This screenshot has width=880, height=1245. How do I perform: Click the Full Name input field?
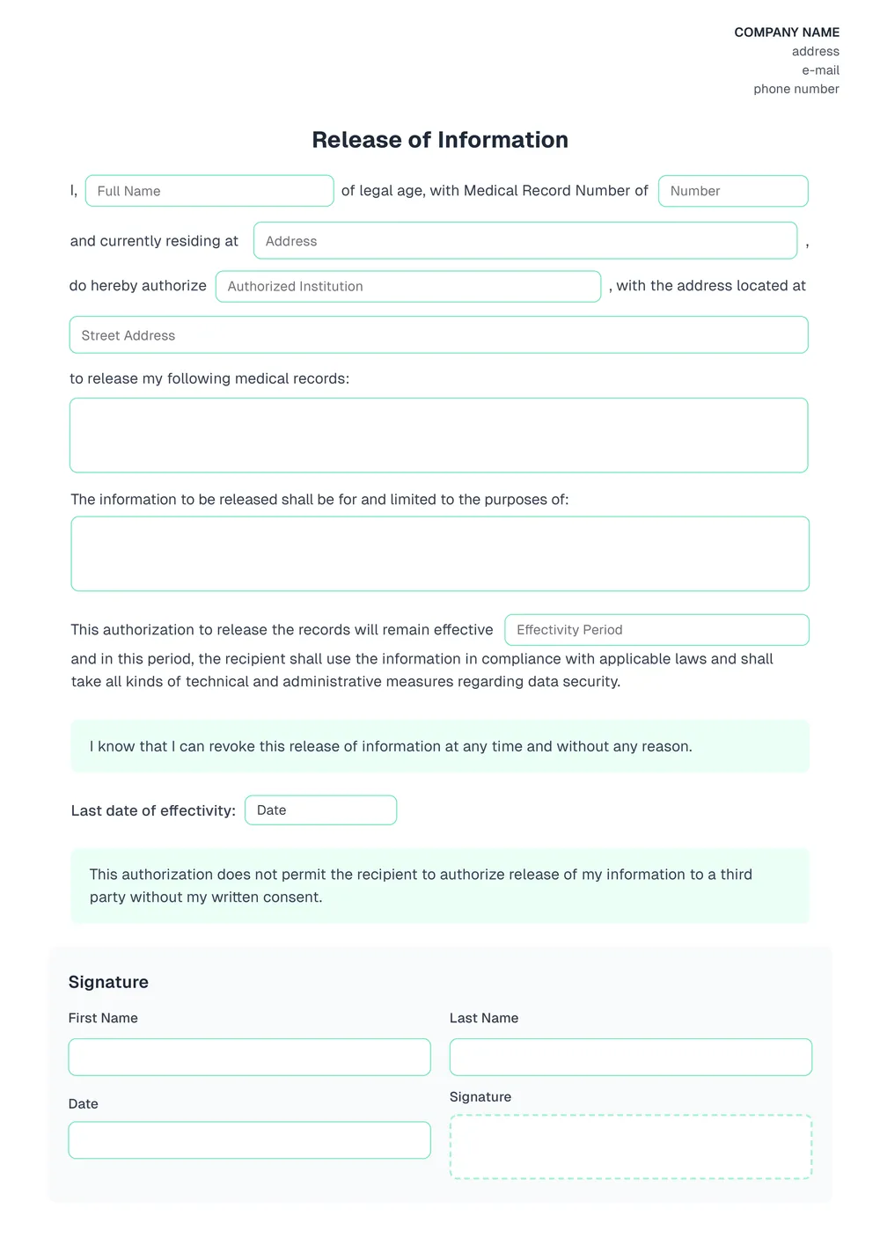point(209,191)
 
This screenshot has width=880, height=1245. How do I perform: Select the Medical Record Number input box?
point(733,191)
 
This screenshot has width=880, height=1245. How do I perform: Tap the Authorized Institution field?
point(408,286)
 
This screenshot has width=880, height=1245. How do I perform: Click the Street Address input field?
point(438,335)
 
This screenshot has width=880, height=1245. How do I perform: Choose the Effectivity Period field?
point(656,630)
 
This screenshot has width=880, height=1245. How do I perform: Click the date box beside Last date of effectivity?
point(320,810)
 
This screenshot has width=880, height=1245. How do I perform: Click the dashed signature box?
point(630,1146)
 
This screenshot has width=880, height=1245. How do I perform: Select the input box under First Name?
point(249,1057)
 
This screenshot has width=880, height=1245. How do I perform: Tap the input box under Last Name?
point(630,1057)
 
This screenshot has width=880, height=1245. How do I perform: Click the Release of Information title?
point(440,140)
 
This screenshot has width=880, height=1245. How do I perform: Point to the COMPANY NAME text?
point(787,33)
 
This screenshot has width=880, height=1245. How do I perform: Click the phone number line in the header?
point(796,89)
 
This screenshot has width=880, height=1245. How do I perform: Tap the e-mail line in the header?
point(820,70)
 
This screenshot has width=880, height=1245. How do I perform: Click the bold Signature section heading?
point(108,982)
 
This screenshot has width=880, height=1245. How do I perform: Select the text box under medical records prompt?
point(438,436)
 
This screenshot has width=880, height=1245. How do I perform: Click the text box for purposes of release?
point(440,553)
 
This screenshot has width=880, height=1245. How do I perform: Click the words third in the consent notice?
point(736,875)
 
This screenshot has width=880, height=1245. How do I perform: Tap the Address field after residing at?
point(525,241)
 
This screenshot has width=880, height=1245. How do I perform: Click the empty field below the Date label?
point(249,1140)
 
